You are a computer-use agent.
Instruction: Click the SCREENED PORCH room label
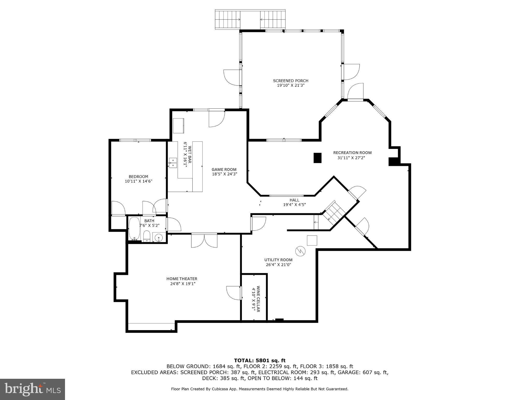(291, 81)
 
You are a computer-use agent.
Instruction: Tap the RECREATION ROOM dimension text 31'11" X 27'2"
(351, 158)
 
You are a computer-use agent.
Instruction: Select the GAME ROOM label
(224, 170)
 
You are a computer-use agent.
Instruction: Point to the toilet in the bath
(147, 236)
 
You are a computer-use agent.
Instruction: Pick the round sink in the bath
(159, 237)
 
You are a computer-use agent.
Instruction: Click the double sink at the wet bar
(173, 163)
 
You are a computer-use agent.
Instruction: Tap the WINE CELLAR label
(258, 299)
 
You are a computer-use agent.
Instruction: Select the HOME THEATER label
(182, 279)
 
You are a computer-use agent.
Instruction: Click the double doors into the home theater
(204, 240)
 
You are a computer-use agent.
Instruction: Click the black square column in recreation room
(318, 158)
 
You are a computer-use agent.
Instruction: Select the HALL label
(294, 200)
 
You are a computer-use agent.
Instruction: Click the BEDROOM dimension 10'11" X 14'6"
(138, 181)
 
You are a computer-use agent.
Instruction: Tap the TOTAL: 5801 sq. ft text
(260, 360)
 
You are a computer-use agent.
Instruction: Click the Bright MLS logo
(32, 389)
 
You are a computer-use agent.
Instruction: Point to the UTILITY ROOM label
(278, 260)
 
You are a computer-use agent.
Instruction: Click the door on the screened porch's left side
(233, 77)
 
